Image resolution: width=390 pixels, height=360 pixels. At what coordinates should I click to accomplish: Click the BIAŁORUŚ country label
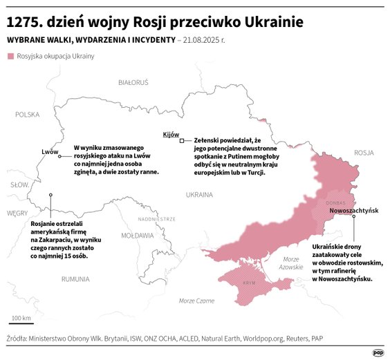click(x=133, y=82)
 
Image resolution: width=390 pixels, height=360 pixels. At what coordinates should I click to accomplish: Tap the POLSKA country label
click(x=28, y=115)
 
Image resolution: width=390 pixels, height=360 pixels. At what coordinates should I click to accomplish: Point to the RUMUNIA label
click(x=75, y=279)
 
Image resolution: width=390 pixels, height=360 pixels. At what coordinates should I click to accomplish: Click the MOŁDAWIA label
click(x=138, y=236)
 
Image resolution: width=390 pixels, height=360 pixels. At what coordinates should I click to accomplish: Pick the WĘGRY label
click(x=17, y=214)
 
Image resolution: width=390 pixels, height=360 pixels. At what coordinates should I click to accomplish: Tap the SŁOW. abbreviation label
click(x=19, y=185)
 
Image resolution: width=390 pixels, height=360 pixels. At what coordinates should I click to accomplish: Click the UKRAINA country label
click(x=199, y=196)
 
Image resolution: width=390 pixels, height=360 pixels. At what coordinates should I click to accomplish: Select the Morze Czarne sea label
click(x=196, y=301)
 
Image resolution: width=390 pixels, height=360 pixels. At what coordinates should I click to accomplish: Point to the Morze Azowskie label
click(x=291, y=263)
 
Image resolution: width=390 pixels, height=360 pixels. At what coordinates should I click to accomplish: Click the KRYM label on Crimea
click(x=250, y=284)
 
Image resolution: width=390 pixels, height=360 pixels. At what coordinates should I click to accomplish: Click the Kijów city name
click(x=171, y=134)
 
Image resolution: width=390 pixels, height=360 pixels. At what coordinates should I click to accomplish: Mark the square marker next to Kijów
click(x=182, y=140)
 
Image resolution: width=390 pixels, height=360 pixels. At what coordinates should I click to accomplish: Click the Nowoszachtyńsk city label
click(x=354, y=210)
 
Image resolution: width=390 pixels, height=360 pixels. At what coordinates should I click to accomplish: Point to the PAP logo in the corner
click(x=378, y=352)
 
